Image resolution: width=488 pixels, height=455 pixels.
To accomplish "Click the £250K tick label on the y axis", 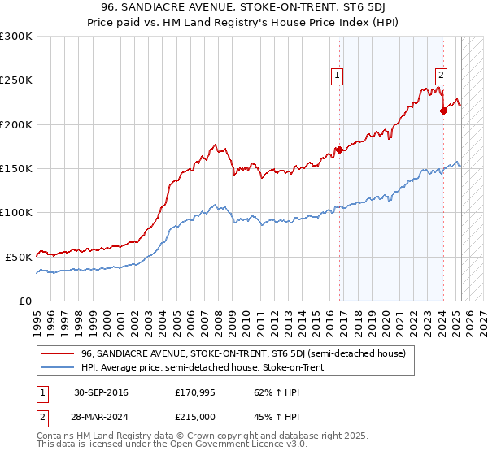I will (x=16, y=80).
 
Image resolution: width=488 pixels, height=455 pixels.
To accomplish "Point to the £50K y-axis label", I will (x=19, y=257).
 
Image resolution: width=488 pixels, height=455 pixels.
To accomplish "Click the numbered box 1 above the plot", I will (x=337, y=76).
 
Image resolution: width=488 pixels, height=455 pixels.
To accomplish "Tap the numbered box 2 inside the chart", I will (x=440, y=76).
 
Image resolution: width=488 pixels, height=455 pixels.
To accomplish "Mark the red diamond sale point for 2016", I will (x=338, y=150).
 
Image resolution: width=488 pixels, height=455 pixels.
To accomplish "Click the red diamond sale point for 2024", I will (x=443, y=111).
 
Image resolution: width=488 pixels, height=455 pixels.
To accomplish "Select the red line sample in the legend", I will (x=58, y=353).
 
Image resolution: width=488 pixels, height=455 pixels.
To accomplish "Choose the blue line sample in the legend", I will (x=58, y=367).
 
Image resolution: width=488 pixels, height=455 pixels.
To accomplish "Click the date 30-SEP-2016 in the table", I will (x=100, y=392).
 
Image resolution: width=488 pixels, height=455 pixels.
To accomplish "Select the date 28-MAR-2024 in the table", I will (x=101, y=415).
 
